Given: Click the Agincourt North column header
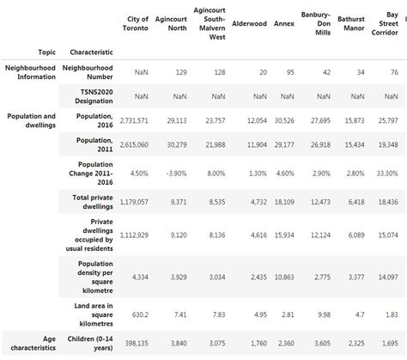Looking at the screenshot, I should point(173,24).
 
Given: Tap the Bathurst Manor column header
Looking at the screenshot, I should point(350,24).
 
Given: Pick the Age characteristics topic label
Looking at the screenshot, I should point(32,342).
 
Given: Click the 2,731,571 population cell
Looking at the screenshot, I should point(130,120).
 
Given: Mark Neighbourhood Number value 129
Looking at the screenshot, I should point(180,72).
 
